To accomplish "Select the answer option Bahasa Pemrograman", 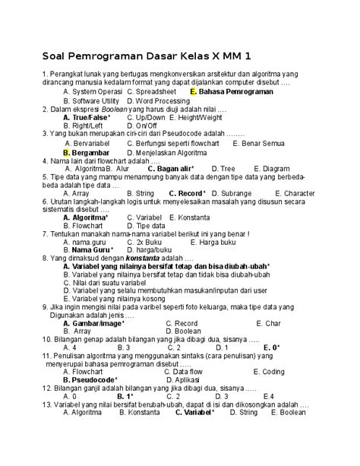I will click(x=235, y=91).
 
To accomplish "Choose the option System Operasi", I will click(x=93, y=91).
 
